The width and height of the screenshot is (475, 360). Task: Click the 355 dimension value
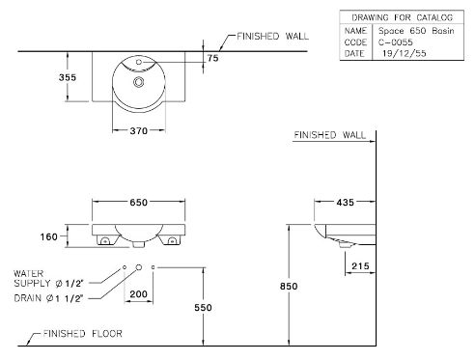click(68, 77)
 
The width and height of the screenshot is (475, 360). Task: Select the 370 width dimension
click(139, 131)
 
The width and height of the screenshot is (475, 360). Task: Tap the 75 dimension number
click(212, 58)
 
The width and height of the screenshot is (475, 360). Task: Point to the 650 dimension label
click(139, 203)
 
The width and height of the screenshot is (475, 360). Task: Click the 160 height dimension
click(49, 237)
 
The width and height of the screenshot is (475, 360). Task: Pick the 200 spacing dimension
click(139, 294)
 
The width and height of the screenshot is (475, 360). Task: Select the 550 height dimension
click(203, 308)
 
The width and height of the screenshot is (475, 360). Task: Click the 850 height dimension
click(289, 286)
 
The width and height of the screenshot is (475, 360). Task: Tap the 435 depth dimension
click(346, 203)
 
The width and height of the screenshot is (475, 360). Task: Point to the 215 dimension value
click(360, 266)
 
